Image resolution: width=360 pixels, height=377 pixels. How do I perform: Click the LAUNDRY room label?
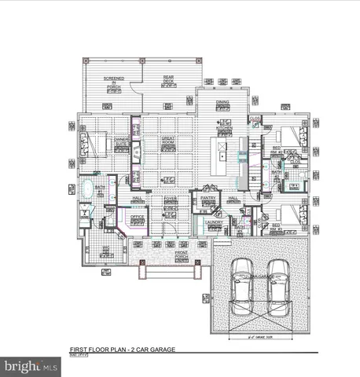pos(215,222)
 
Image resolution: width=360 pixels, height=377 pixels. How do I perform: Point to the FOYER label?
pos(169,199)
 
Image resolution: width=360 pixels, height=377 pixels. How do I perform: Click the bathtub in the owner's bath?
pos(88,191)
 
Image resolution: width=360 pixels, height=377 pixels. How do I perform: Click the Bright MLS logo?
pos(31,366)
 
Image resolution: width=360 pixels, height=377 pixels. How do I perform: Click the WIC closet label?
pos(105,249)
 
